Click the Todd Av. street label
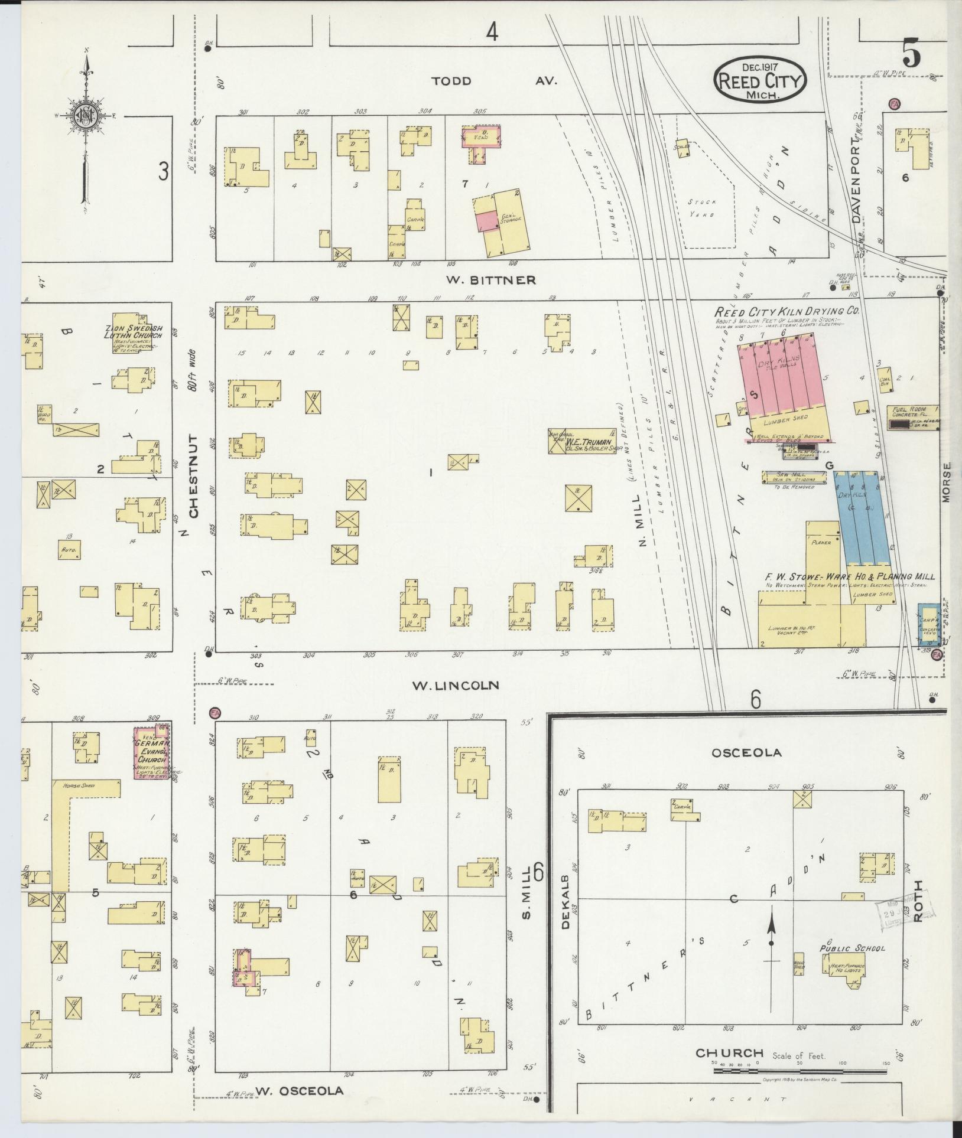[x=493, y=81]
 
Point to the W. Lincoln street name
[x=455, y=686]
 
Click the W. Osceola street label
[x=299, y=1090]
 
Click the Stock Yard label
[x=701, y=208]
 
